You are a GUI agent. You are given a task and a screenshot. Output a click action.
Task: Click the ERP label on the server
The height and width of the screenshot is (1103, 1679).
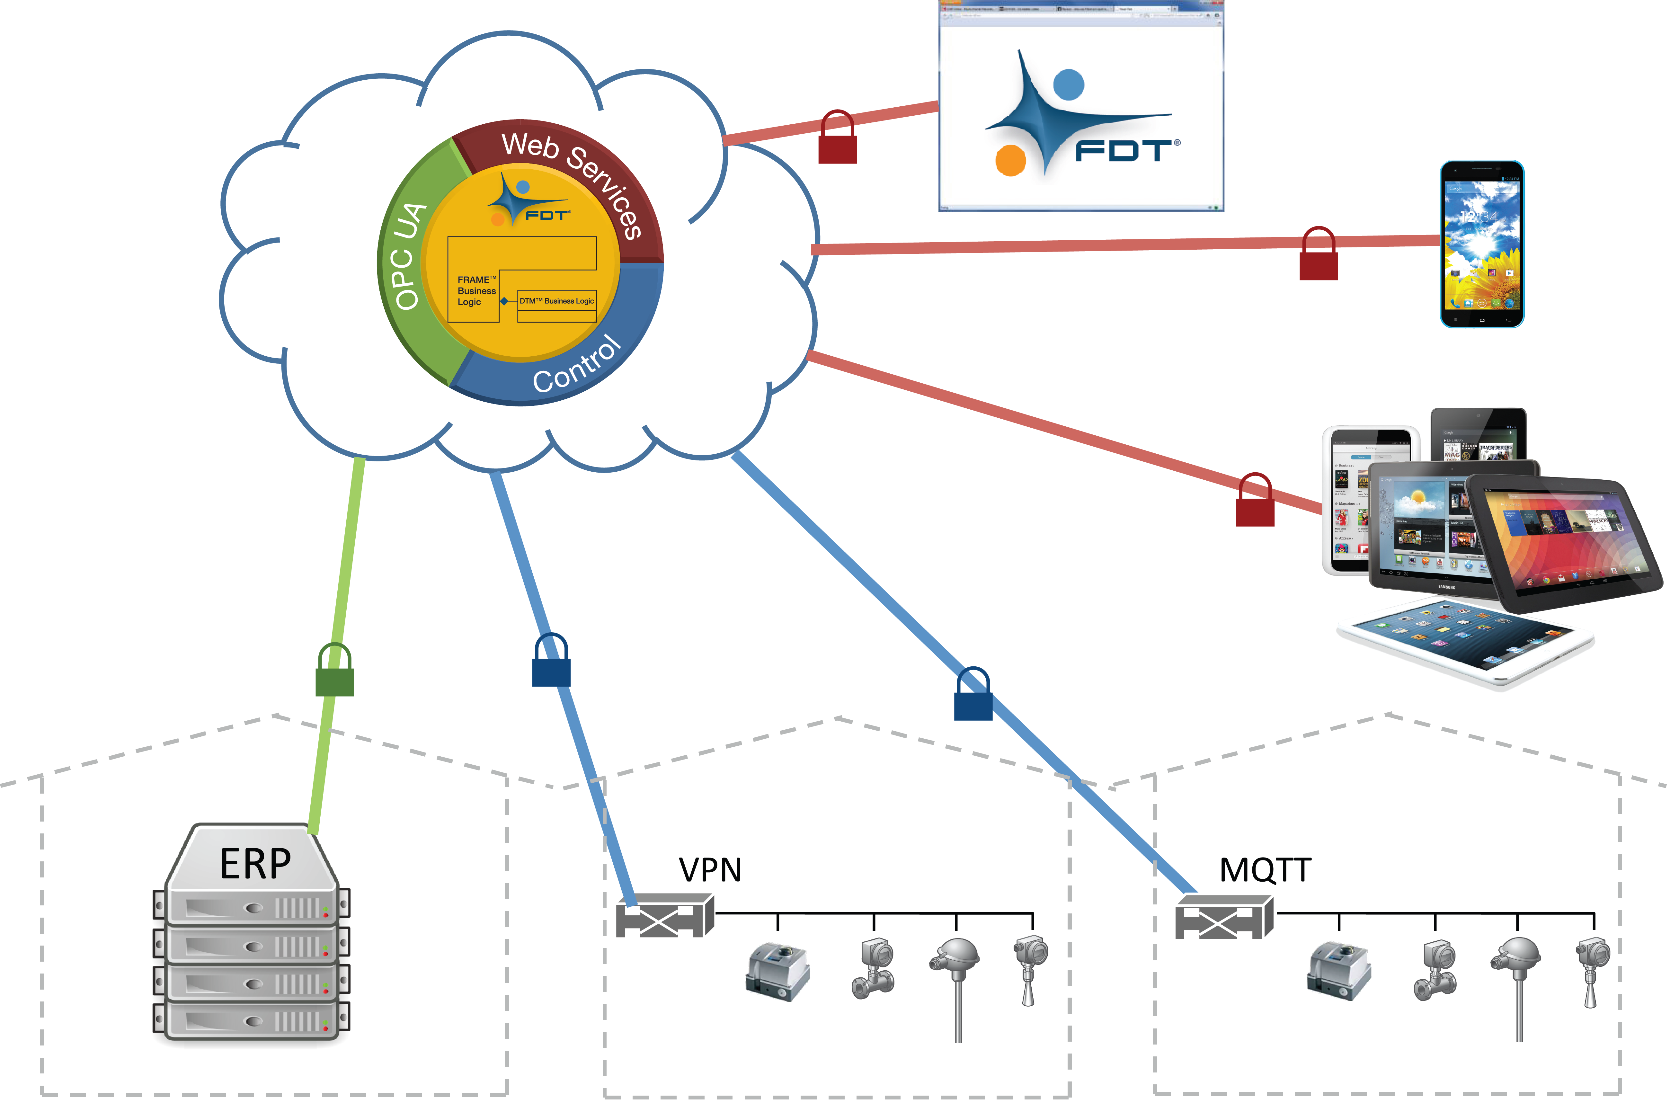[255, 864]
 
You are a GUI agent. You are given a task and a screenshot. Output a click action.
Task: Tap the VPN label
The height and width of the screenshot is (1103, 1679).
[710, 870]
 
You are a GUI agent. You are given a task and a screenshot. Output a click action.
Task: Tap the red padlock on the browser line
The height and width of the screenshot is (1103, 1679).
[837, 140]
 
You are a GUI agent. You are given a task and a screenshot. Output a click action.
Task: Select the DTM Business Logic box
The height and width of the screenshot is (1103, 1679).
[556, 301]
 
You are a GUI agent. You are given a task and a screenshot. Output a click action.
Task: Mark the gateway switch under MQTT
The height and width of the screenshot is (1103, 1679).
[1224, 917]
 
